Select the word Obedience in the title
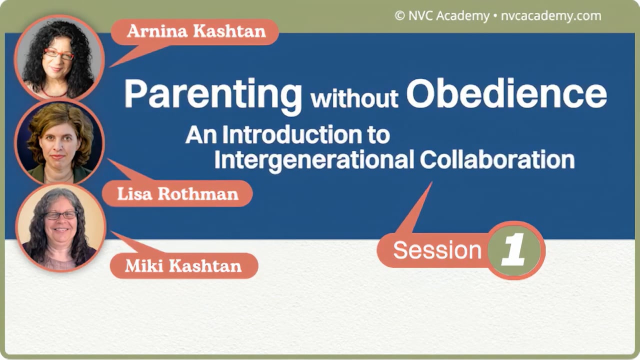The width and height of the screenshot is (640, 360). [506, 93]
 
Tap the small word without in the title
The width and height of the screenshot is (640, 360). [354, 98]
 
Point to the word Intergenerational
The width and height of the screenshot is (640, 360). [313, 159]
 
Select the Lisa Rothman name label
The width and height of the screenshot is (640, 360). [177, 194]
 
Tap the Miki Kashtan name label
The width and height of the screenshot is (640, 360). [183, 265]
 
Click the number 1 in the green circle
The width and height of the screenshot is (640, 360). [514, 250]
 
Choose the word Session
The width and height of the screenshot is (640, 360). [437, 250]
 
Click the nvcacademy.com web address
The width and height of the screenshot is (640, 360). [551, 16]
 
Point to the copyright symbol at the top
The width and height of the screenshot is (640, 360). [399, 16]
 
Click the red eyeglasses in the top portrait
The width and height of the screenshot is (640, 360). [58, 54]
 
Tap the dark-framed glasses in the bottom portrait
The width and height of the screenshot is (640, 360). [61, 215]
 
